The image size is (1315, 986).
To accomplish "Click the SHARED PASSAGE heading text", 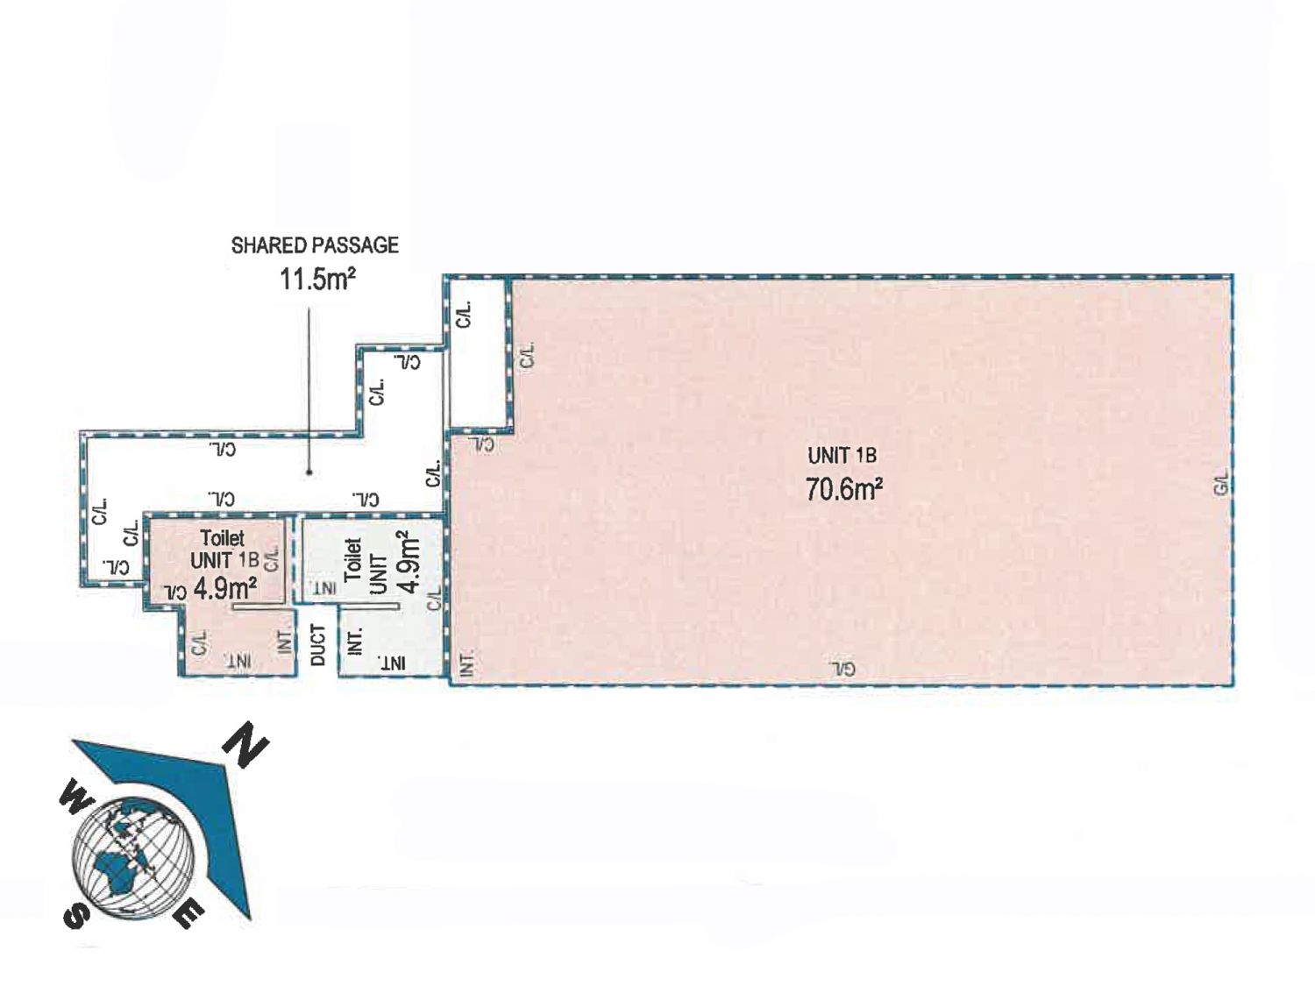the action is [315, 245].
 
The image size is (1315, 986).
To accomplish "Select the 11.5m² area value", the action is [318, 279].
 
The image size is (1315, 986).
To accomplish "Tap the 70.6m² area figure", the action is [843, 489].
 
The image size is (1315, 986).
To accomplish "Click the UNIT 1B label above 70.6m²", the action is [842, 456].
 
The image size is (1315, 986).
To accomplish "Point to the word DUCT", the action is [318, 645].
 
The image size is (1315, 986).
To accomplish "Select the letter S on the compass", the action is [76, 912].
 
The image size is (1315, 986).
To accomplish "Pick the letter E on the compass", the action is [189, 914].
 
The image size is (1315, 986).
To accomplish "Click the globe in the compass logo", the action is [132, 857].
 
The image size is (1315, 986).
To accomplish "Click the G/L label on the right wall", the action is [1221, 484].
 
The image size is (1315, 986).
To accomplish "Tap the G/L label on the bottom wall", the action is [842, 669].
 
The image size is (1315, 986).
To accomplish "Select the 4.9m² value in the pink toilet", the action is [225, 588].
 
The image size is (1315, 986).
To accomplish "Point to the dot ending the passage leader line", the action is [309, 472].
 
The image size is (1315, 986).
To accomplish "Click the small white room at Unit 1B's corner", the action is [478, 355].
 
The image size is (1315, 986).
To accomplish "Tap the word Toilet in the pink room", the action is [223, 538].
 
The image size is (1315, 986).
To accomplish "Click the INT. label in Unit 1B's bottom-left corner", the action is [468, 663].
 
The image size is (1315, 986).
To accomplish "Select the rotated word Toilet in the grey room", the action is [353, 558].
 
